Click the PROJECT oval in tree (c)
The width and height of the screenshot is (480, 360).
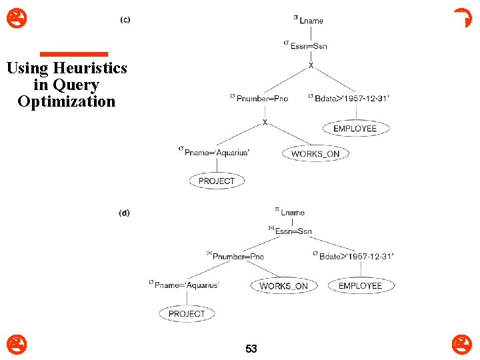217,181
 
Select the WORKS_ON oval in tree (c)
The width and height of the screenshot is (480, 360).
315,154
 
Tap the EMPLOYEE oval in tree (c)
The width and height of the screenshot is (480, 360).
355,129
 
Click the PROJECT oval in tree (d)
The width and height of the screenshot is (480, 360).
187,313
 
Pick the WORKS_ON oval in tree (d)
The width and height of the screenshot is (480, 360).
283,286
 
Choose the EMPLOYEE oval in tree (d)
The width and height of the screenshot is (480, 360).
360,286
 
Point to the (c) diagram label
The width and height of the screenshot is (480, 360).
125,19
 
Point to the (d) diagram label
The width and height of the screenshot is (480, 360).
125,213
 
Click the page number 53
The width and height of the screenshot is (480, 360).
251,349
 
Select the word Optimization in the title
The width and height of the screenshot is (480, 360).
67,102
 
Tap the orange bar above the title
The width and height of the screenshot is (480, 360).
73,54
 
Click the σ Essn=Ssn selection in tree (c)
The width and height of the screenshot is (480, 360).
305,45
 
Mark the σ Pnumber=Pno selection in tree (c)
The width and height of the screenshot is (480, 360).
259,98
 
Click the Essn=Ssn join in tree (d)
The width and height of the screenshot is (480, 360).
291,231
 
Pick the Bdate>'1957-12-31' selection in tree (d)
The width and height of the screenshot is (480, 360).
353,256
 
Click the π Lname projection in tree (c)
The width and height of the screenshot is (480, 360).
308,19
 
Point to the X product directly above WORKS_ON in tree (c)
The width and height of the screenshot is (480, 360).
265,123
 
